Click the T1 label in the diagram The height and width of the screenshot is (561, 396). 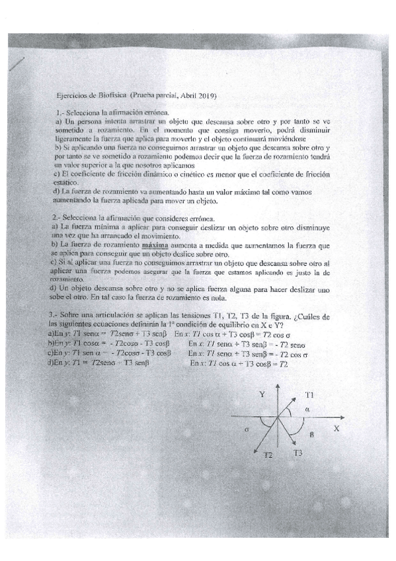pos(309,395)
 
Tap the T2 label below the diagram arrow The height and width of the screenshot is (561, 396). pos(268,456)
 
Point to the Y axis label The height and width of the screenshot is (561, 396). pos(262,395)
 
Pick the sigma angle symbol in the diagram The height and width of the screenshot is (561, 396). pos(245,429)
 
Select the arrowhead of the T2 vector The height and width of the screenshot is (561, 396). pos(256,449)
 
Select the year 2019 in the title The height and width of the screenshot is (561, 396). pos(208,96)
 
